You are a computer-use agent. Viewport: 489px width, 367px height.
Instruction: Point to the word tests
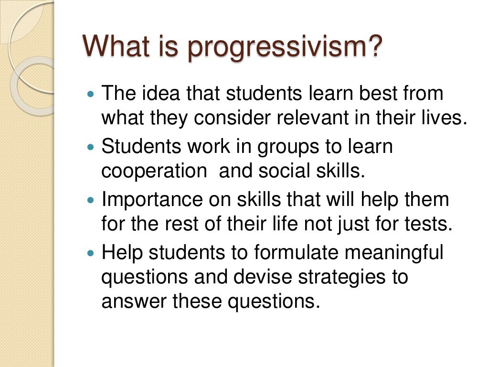tap(430, 224)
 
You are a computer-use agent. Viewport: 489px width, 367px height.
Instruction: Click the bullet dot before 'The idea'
tap(92, 94)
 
